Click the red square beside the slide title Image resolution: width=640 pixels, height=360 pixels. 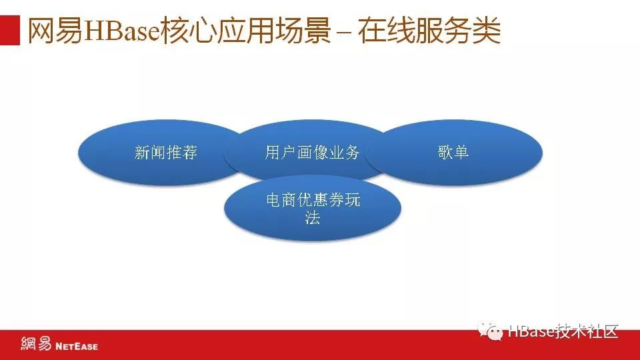pyautogui.click(x=10, y=30)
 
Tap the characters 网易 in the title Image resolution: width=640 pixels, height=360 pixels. pyautogui.click(x=55, y=30)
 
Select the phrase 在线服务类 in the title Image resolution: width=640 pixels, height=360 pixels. pyautogui.click(x=429, y=30)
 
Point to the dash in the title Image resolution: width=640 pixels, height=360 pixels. pyautogui.click(x=345, y=33)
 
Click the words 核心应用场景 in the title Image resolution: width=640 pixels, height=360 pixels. pyautogui.click(x=245, y=30)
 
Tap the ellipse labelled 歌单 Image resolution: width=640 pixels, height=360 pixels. pyautogui.click(x=454, y=152)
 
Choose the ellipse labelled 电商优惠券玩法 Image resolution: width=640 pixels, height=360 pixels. pyautogui.click(x=313, y=208)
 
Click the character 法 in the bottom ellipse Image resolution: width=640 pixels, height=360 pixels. pyautogui.click(x=312, y=217)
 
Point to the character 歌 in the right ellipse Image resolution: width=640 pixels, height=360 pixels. pyautogui.click(x=445, y=152)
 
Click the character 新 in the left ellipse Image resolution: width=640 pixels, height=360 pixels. pyautogui.click(x=142, y=153)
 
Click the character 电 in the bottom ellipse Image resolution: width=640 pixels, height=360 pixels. pyautogui.click(x=273, y=200)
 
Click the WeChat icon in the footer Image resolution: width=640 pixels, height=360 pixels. pyautogui.click(x=490, y=331)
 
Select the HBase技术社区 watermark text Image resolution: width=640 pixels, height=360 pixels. pyautogui.click(x=563, y=331)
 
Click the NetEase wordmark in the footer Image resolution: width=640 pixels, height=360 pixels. pyautogui.click(x=77, y=347)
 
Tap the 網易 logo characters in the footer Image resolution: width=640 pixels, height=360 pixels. pyautogui.click(x=36, y=344)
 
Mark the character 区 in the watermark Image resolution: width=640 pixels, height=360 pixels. pyautogui.click(x=611, y=331)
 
